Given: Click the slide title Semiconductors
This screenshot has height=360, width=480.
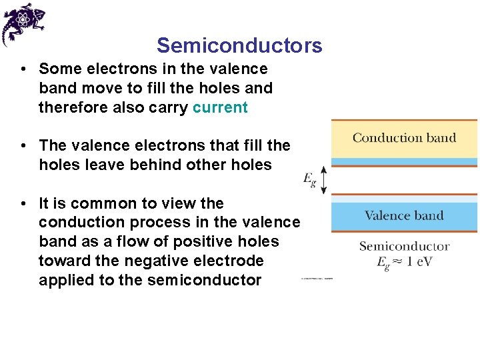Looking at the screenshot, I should click(239, 45).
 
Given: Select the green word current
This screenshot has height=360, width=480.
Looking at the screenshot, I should click(220, 107).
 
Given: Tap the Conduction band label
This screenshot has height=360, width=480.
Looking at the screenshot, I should click(404, 138).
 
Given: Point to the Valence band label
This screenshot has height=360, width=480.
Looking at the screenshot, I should click(404, 215).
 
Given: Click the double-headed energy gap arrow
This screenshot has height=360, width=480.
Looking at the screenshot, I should click(323, 179).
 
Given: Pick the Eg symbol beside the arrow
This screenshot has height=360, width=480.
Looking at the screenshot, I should click(309, 179).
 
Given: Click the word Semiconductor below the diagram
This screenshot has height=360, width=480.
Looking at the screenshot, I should click(404, 246).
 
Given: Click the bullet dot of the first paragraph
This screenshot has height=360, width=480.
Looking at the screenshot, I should click(23, 69).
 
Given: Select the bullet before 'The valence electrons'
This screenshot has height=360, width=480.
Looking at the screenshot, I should click(23, 145).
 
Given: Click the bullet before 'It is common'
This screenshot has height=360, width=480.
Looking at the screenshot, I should click(23, 204).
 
